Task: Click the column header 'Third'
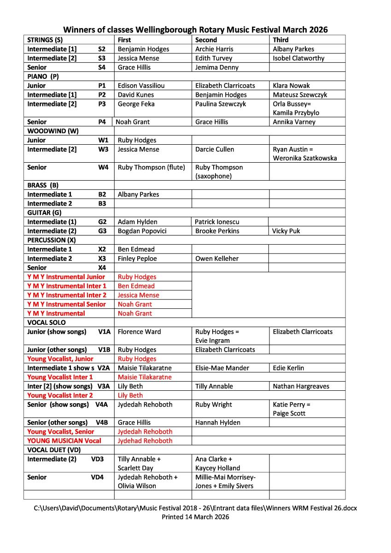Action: (x=280, y=40)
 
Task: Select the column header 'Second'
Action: (x=206, y=40)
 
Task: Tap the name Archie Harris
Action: (x=214, y=49)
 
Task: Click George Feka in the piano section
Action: (x=136, y=104)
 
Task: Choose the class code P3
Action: (x=102, y=104)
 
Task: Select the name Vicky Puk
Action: (x=286, y=231)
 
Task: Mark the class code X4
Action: (x=102, y=268)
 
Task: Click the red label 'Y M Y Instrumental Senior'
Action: (x=66, y=304)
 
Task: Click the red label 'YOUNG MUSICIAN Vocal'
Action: (x=64, y=441)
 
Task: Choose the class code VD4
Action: (x=97, y=477)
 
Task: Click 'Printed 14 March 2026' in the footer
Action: (x=195, y=517)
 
